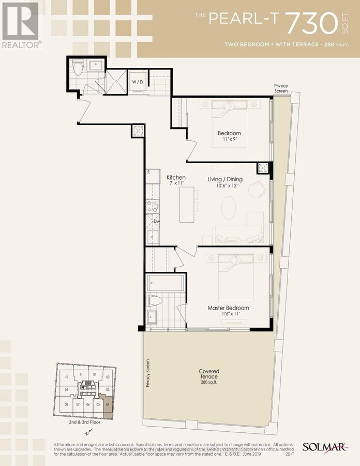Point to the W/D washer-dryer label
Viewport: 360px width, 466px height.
[137, 82]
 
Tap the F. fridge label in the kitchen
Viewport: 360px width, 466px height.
[149, 172]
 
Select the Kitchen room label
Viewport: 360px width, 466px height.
[176, 178]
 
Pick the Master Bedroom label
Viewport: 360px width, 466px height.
[228, 308]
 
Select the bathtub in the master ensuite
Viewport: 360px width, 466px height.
[164, 283]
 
